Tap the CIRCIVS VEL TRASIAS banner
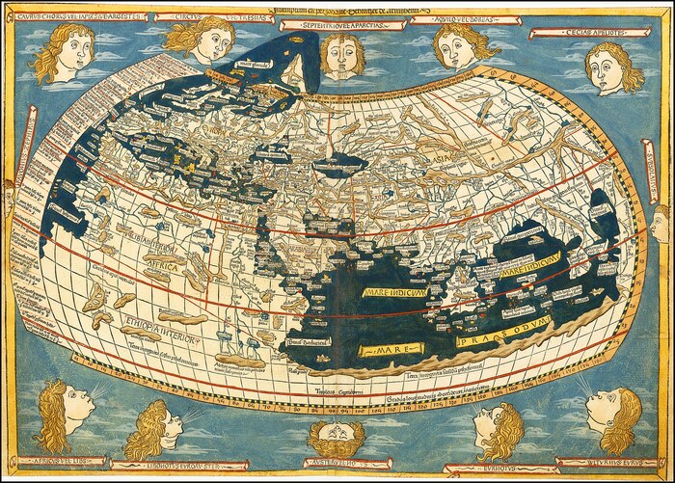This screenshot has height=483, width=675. click(x=198, y=16)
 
